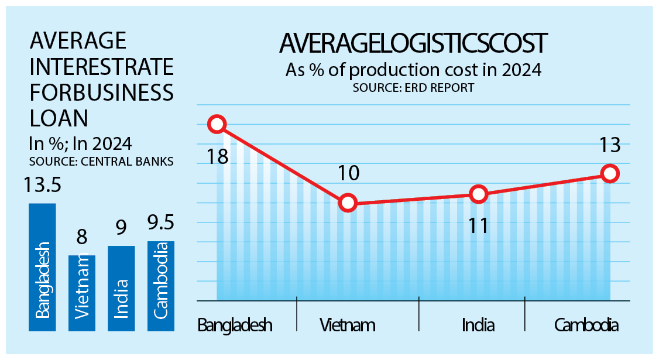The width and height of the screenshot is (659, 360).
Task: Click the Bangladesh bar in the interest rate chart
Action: (x=42, y=267)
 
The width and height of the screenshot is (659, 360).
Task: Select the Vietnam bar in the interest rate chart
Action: (x=82, y=293)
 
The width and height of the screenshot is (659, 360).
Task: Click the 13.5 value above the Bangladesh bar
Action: (x=43, y=187)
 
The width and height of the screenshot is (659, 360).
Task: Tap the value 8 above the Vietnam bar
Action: (x=82, y=238)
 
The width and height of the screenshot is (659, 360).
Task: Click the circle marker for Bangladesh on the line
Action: (x=217, y=124)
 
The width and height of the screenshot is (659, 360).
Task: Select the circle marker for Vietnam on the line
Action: (x=348, y=203)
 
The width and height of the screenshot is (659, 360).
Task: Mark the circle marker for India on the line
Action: (x=479, y=194)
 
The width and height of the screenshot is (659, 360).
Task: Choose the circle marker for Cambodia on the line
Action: (x=610, y=173)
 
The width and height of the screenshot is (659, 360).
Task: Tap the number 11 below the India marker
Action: (x=479, y=225)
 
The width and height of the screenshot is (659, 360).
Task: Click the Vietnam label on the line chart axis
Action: (x=348, y=325)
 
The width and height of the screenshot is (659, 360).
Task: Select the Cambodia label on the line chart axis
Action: (x=585, y=325)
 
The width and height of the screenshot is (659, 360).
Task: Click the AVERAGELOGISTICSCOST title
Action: (x=413, y=44)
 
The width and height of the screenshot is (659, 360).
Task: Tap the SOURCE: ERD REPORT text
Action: (x=413, y=88)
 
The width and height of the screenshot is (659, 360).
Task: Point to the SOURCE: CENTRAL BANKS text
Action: (x=101, y=162)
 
